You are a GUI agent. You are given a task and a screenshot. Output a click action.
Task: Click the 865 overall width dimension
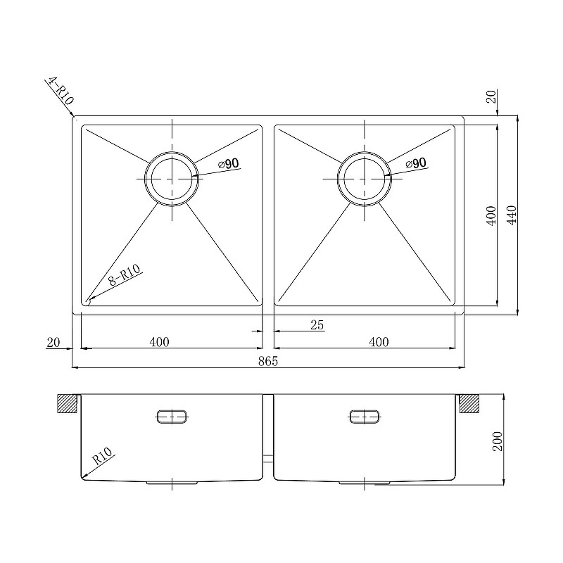pyautogui.click(x=268, y=361)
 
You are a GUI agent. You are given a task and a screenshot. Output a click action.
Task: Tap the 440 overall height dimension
pyautogui.click(x=512, y=215)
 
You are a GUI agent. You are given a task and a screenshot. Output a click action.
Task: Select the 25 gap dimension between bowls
pyautogui.click(x=317, y=325)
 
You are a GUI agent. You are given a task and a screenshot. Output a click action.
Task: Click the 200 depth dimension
pyautogui.click(x=499, y=441)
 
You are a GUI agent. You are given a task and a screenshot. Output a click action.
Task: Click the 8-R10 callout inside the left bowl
pyautogui.click(x=125, y=274)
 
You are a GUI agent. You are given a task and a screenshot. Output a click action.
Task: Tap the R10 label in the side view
pyautogui.click(x=102, y=456)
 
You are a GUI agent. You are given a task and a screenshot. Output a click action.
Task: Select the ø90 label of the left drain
pyautogui.click(x=228, y=164)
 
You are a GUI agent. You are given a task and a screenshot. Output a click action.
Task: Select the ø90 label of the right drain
pyautogui.click(x=416, y=163)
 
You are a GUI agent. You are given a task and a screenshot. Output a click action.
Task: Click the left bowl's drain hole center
pyautogui.click(x=172, y=179)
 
